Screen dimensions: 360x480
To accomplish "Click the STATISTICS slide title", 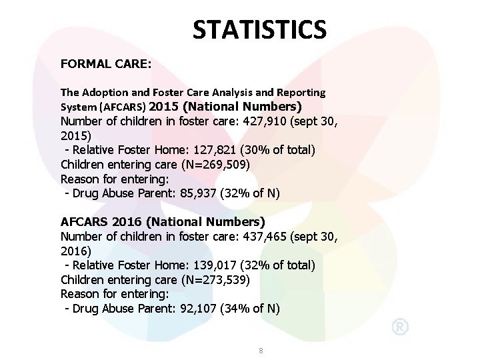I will (259, 29).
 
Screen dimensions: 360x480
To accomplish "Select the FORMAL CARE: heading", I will (106, 65).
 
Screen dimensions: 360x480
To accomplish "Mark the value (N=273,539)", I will (205, 279).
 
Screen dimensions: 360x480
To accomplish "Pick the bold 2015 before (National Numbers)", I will (165, 106).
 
